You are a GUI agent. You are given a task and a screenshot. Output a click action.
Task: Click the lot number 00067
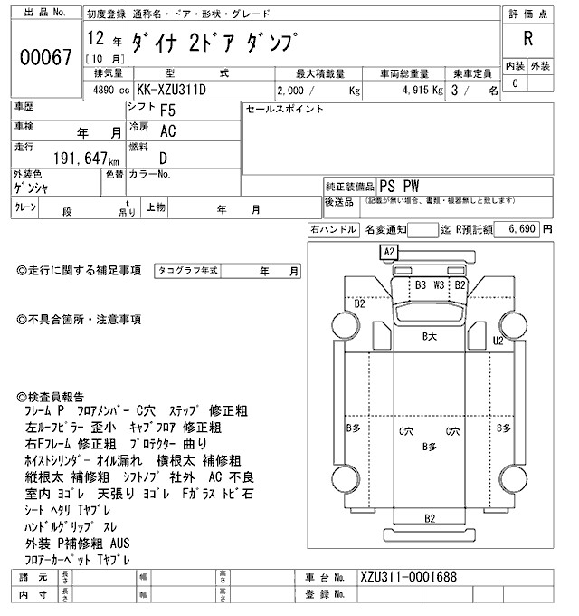pos(45,56)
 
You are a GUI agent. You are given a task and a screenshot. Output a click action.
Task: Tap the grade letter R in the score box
pos(527,41)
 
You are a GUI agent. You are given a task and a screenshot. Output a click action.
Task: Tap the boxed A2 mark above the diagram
pos(390,251)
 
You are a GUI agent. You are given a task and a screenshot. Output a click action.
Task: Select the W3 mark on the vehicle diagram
pos(440,284)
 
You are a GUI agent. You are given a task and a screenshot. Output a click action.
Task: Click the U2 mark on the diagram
pos(497,341)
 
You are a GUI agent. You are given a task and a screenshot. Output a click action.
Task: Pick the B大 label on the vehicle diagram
pos(430,337)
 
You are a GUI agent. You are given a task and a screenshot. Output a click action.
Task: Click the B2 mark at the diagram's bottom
pos(430,517)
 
